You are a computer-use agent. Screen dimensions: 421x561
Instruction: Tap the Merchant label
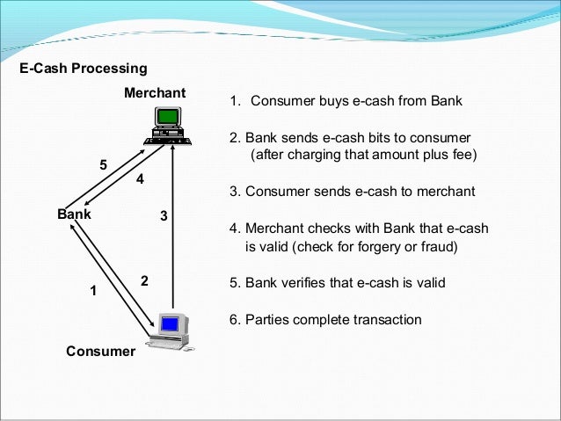point(154,93)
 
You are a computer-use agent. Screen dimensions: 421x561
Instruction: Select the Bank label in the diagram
point(74,213)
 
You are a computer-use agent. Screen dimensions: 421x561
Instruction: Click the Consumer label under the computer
point(101,352)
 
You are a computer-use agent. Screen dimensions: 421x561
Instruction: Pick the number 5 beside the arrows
point(103,164)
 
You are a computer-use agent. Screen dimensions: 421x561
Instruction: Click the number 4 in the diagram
point(138,179)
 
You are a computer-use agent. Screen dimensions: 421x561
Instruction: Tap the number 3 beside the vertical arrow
point(163,214)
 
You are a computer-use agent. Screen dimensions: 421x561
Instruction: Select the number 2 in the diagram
point(144,280)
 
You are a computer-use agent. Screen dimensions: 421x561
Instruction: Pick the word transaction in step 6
point(383,319)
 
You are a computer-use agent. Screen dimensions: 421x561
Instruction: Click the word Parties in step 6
point(265,319)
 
